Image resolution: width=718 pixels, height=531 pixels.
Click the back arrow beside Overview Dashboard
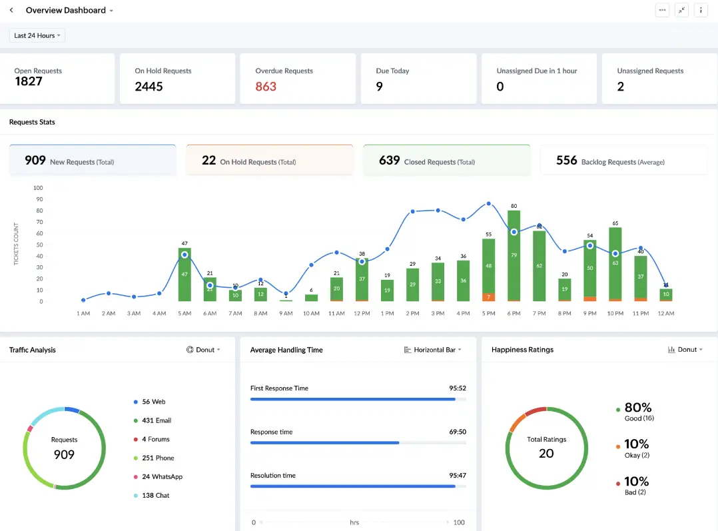[x=11, y=10]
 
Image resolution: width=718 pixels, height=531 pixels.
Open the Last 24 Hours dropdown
[x=37, y=35]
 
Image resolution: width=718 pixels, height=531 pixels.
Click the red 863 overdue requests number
[x=266, y=87]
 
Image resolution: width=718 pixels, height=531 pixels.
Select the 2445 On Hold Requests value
[x=149, y=87]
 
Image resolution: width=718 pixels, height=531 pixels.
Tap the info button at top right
[x=701, y=10]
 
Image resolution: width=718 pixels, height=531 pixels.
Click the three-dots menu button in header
[x=662, y=10]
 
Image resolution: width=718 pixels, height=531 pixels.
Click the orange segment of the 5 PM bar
[x=488, y=296]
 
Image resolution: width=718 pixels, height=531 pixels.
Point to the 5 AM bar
[x=184, y=274]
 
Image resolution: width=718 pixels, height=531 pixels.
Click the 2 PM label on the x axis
[x=412, y=313]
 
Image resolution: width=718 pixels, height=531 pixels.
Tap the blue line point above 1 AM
[x=83, y=300]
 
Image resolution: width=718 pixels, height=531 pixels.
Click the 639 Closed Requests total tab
[x=446, y=161]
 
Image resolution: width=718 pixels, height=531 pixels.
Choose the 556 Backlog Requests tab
[x=623, y=161]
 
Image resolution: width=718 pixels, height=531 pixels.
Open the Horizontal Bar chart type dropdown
[x=433, y=350]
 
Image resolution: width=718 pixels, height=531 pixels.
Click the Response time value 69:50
[x=457, y=432]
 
